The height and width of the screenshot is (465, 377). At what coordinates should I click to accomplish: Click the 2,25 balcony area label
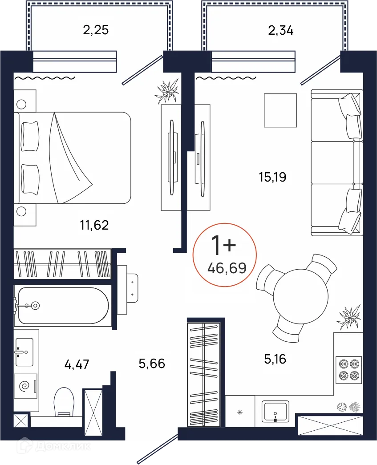(x=96, y=30)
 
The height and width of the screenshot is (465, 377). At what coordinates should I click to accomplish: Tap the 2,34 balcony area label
(x=280, y=31)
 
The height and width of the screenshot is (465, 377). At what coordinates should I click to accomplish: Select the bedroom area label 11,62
(x=94, y=226)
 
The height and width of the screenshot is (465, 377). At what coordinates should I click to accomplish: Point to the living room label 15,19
(x=272, y=177)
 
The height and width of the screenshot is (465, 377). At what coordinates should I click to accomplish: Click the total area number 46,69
(x=227, y=268)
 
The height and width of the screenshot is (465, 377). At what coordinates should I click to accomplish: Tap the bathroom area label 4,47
(x=77, y=364)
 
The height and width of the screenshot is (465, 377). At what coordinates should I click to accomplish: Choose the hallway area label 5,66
(x=152, y=364)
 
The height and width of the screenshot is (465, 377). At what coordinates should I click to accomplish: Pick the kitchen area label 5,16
(x=275, y=359)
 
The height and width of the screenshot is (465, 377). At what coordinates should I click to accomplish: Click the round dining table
(x=300, y=296)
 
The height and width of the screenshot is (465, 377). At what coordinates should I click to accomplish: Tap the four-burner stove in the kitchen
(x=349, y=369)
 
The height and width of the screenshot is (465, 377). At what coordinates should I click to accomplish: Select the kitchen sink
(x=275, y=411)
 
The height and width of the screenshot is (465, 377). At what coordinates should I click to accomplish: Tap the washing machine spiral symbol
(x=25, y=386)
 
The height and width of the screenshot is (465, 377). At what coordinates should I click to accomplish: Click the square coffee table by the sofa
(x=280, y=110)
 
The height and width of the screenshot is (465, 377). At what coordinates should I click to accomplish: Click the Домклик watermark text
(x=63, y=446)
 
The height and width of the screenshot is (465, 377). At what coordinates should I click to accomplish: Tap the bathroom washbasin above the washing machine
(x=24, y=352)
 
